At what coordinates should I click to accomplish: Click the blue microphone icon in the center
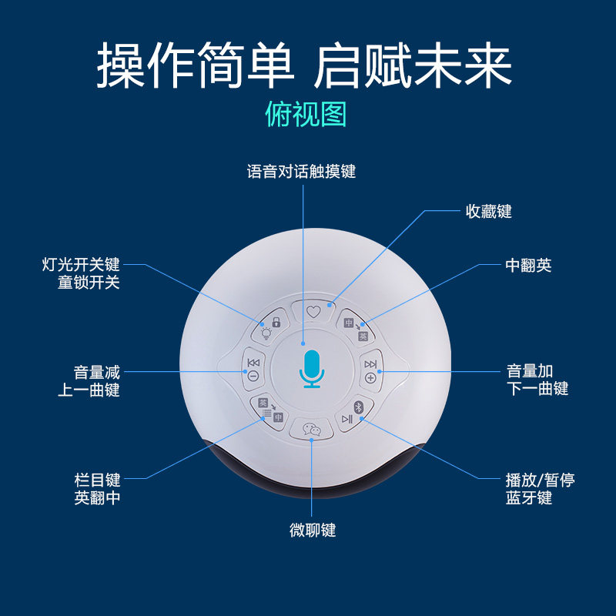point(312,369)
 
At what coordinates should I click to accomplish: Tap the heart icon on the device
point(313,312)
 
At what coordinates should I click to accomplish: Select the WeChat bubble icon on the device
point(312,429)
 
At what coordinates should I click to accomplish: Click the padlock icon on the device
point(276,323)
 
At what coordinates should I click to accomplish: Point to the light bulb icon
point(266,333)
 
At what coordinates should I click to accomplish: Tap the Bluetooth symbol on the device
point(358,407)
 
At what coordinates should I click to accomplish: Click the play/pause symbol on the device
point(347,419)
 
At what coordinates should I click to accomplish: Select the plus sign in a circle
point(370,378)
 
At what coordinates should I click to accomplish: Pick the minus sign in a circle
point(253,377)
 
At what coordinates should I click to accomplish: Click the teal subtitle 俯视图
point(306,114)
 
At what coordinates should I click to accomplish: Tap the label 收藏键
point(489,211)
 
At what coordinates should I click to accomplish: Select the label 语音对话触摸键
point(301,172)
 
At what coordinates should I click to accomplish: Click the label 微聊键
point(313,530)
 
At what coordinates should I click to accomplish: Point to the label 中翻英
point(528,265)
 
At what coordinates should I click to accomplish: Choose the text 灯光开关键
point(81,264)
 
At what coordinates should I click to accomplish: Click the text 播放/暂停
point(541,480)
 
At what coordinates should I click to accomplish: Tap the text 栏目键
point(97,480)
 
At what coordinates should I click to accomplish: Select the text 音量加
point(530,371)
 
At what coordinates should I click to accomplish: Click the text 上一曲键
point(89,390)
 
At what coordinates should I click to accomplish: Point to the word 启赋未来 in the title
point(413,65)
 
